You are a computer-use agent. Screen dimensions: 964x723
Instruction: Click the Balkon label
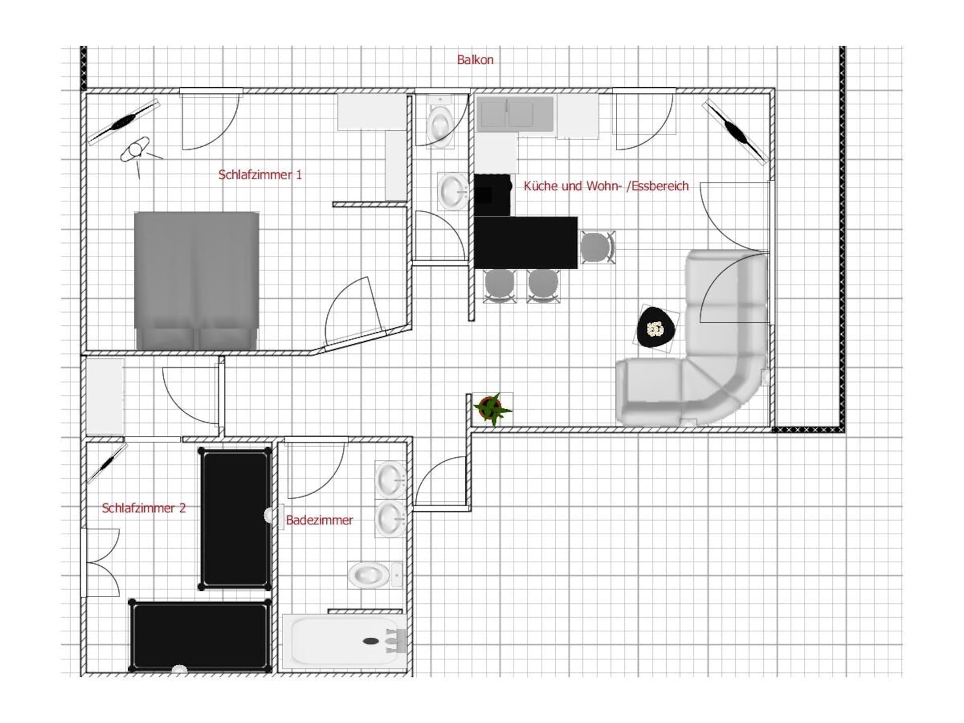pos(475,60)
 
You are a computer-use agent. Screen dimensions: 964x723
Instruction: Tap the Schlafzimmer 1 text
pos(260,175)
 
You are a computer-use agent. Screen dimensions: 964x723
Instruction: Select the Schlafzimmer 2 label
pos(144,508)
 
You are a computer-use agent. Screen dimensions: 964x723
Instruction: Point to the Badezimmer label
pos(319,520)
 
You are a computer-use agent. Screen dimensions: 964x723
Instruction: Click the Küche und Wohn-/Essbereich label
pos(606,186)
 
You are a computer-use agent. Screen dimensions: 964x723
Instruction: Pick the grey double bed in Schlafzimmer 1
pos(197,280)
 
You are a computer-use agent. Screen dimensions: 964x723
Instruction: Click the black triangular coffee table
pos(656,328)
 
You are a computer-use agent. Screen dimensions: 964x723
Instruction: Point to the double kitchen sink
pos(515,114)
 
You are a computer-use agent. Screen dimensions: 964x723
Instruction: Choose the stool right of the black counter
pos(597,247)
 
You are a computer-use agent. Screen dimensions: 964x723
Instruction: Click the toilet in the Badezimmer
pos(375,575)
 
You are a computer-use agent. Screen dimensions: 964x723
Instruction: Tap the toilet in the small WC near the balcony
pos(440,123)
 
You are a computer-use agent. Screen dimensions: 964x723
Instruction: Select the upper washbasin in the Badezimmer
pos(391,479)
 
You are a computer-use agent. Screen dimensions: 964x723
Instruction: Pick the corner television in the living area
pos(735,132)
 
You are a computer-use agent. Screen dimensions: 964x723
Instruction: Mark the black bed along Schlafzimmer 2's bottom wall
pos(200,636)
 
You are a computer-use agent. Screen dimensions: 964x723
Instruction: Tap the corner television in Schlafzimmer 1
pos(124,122)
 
